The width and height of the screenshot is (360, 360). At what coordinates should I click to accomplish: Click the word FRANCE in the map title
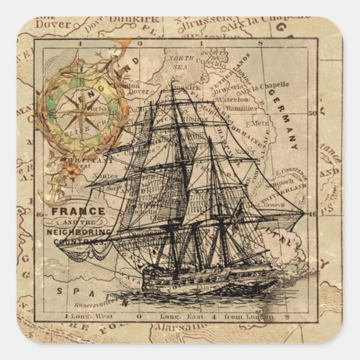(x=79, y=211)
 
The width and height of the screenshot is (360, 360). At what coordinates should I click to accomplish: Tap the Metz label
(x=260, y=124)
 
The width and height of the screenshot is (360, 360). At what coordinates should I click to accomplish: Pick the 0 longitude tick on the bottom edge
(x=138, y=317)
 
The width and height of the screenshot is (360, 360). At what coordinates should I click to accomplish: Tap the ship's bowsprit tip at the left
(x=60, y=247)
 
